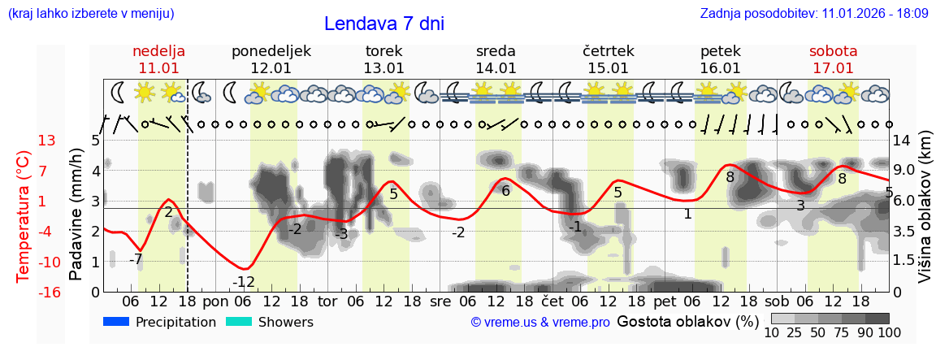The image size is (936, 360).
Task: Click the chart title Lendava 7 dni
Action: coord(383,24)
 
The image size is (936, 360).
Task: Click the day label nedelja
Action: coord(159,51)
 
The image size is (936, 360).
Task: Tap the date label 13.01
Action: coord(383,68)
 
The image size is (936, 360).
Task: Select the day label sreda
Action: coord(496,51)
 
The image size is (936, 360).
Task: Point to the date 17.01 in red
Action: coord(833,68)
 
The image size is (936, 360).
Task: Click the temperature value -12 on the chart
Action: coord(244,283)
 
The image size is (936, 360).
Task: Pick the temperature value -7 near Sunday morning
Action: coord(136,260)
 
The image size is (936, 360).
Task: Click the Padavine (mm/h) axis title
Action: coord(76,215)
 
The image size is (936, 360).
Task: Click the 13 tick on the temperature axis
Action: coord(47,141)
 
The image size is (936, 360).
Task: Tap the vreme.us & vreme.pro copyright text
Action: coord(540,323)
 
